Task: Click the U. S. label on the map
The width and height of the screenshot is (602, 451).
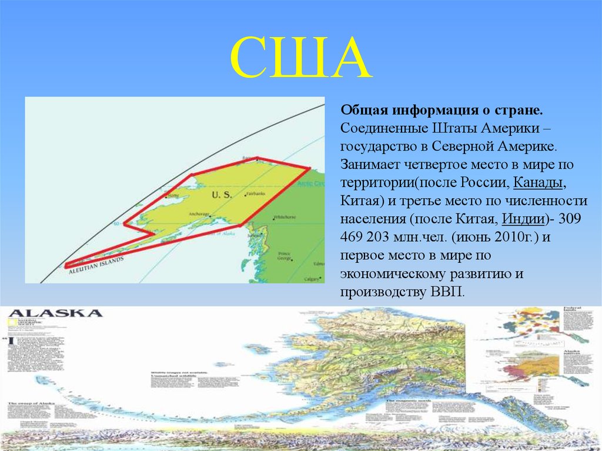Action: pos(222,194)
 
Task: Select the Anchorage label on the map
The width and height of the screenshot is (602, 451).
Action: pos(199,214)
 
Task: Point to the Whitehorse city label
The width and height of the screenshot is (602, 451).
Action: pos(285,217)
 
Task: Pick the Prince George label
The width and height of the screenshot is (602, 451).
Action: pos(285,256)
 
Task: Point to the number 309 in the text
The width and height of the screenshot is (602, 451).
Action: pos(573,219)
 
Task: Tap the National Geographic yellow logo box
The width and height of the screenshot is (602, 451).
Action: pos(12,323)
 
